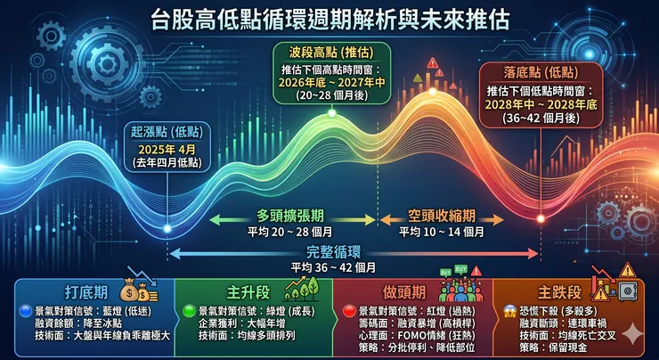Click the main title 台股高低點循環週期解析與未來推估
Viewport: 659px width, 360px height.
coord(329,17)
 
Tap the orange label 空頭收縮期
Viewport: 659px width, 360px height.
coord(441,217)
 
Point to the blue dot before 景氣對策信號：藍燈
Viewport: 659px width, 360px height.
coord(26,310)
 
